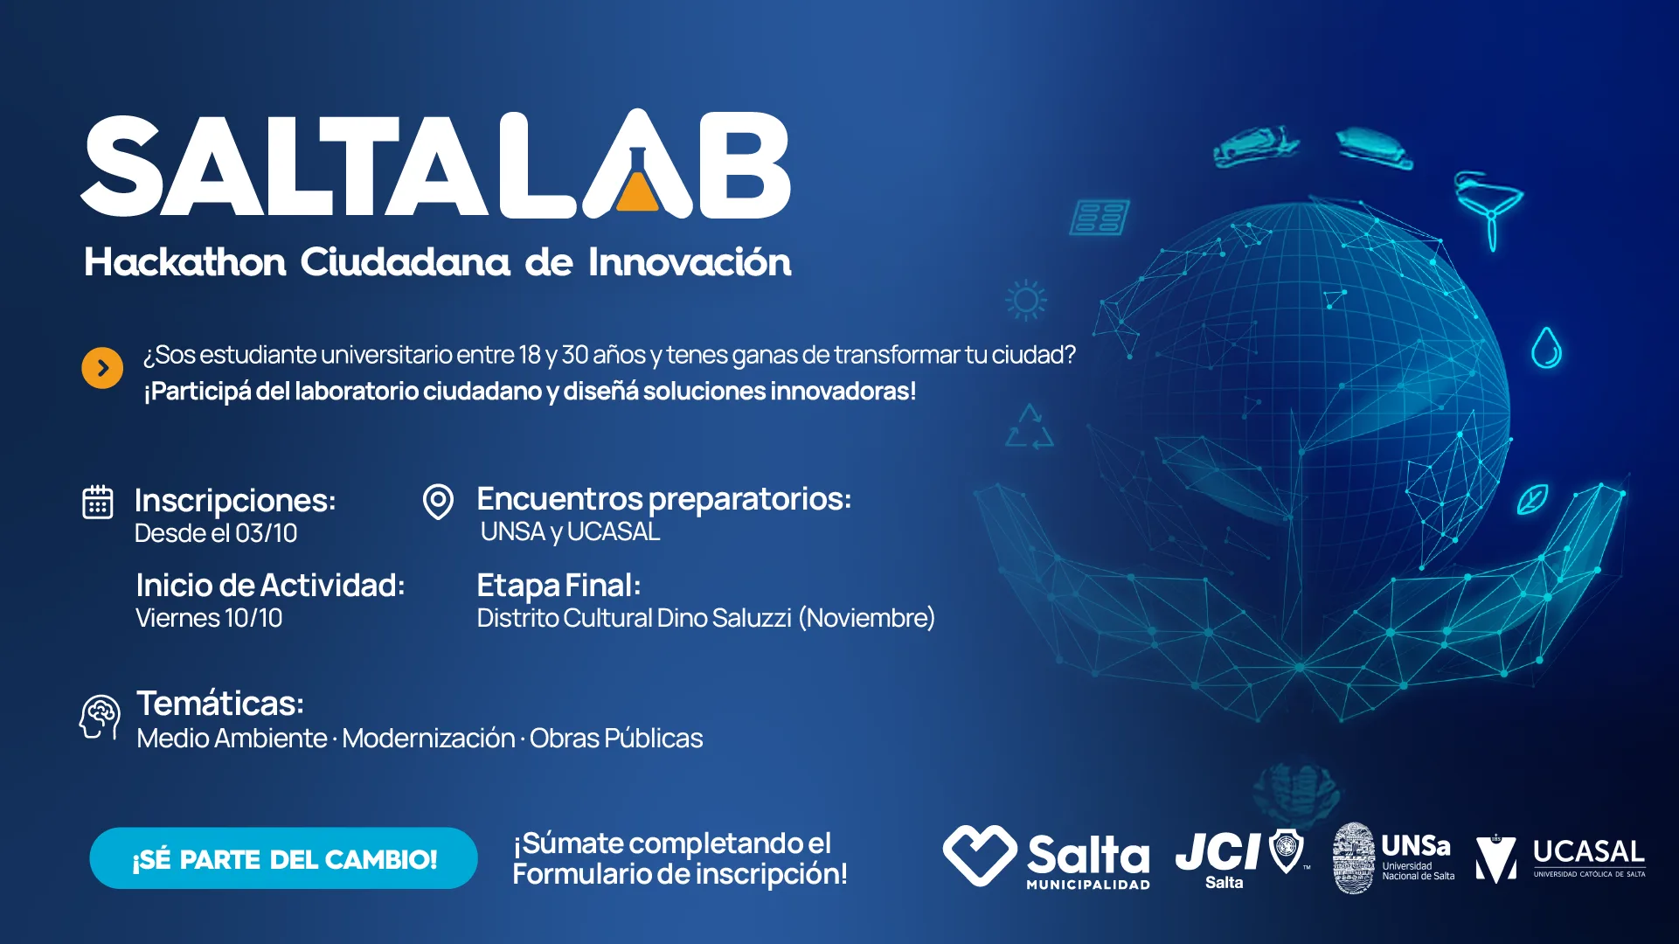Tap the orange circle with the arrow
[102, 368]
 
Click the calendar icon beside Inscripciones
[98, 502]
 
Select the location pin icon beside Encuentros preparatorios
[438, 502]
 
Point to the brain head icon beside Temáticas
[101, 718]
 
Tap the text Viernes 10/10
[209, 618]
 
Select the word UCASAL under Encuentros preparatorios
[614, 531]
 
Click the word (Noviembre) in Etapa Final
[866, 618]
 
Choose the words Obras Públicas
[616, 739]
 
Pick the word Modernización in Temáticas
[428, 739]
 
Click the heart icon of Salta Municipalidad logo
[980, 855]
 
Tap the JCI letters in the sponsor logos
[1218, 850]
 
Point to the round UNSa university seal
[1353, 858]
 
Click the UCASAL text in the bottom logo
[1589, 851]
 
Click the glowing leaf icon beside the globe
[1532, 499]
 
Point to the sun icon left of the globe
[1026, 301]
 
